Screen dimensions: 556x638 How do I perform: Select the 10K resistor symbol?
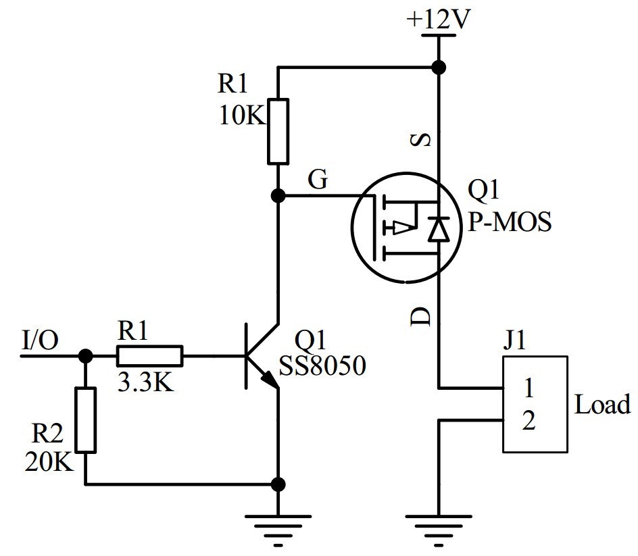coord(278,131)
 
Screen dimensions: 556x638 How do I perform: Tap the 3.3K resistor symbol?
coord(149,355)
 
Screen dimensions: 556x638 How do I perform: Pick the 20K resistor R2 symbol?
coord(86,420)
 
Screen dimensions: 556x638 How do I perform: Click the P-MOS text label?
coord(510,221)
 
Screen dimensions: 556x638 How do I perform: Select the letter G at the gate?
coord(318,180)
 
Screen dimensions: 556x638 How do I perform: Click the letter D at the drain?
coord(420,315)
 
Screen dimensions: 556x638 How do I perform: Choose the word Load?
coord(602,405)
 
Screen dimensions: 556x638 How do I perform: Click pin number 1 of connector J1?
coord(529,389)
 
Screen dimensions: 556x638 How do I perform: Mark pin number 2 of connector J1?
coord(529,422)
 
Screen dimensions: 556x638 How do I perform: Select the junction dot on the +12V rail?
coord(438,67)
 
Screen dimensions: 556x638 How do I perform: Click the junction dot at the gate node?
coord(278,196)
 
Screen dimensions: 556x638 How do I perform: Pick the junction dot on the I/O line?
coord(86,355)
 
